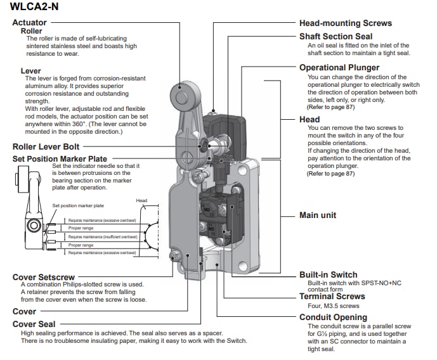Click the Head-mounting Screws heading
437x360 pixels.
345,23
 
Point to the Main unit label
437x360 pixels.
318,215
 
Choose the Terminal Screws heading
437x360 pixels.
332,296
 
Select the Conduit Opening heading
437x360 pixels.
333,317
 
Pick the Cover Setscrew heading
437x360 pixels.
43,277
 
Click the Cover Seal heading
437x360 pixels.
34,324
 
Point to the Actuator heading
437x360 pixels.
29,23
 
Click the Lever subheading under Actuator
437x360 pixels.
30,71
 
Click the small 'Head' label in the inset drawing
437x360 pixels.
141,201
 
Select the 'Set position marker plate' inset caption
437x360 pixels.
78,206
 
